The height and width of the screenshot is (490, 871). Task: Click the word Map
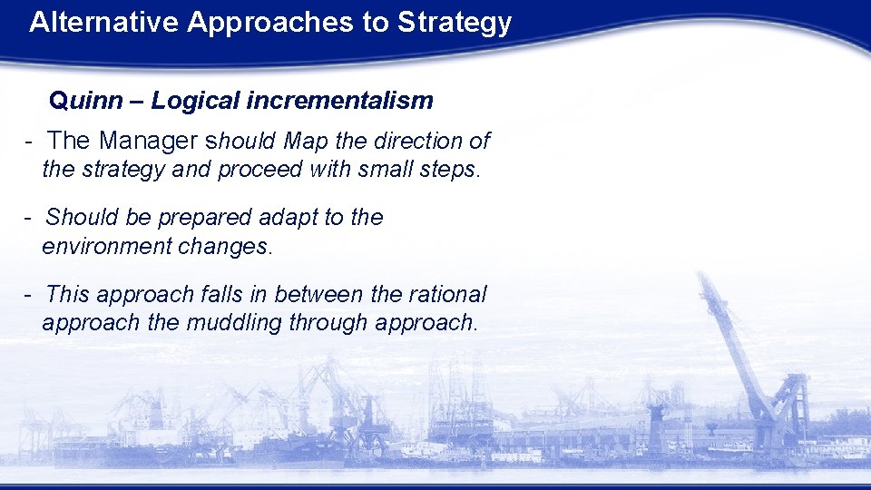click(x=306, y=142)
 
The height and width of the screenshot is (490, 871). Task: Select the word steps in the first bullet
click(x=448, y=171)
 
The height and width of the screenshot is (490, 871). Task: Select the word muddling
click(x=234, y=323)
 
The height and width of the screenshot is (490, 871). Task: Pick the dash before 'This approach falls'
click(x=30, y=295)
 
